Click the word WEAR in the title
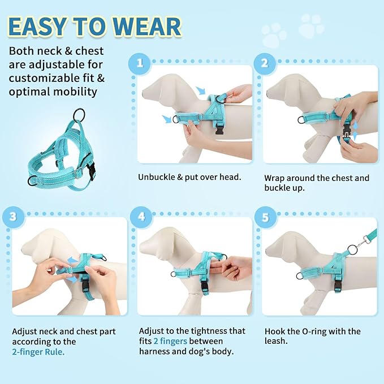click(x=147, y=27)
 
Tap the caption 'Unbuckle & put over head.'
click(x=189, y=177)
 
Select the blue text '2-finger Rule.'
click(x=38, y=352)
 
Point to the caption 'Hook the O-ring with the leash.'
click(x=312, y=336)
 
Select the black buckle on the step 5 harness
click(x=338, y=284)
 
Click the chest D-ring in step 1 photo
click(x=176, y=119)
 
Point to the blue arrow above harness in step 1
click(x=201, y=90)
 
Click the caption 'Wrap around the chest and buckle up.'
click(x=316, y=182)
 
